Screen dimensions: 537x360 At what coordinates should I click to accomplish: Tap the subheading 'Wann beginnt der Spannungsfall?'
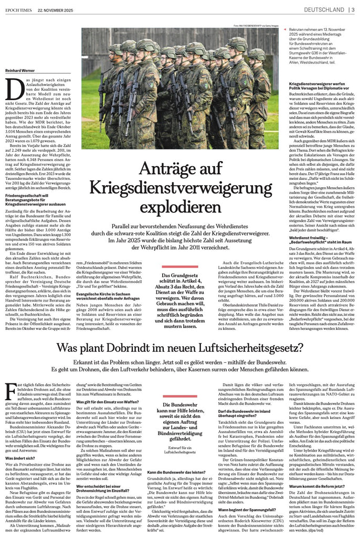[x=243, y=492]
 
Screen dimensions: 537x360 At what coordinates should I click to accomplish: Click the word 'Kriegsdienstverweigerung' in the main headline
[x=181, y=186]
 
